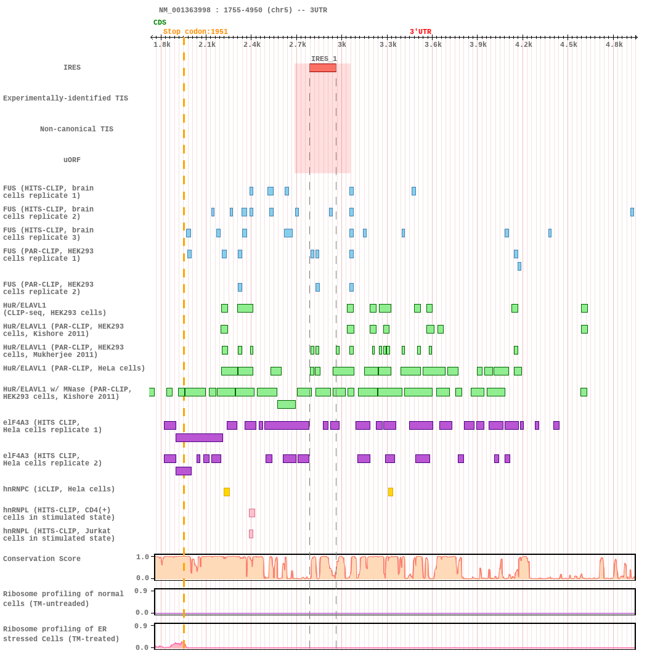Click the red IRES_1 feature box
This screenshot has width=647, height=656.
(323, 68)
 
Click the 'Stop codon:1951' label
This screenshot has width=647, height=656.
(195, 32)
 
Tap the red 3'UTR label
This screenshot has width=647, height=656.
(420, 32)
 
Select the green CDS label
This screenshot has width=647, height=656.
(160, 23)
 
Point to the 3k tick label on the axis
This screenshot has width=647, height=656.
(342, 44)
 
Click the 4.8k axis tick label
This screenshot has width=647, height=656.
(614, 44)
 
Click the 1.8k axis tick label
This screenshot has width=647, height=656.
(162, 44)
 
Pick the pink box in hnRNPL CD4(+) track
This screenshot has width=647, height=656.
(252, 513)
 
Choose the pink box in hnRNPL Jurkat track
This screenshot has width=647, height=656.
(251, 534)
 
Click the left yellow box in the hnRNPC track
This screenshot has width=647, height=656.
(227, 492)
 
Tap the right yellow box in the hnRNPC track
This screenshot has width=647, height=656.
(391, 492)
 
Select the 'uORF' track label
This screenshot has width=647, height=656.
(72, 160)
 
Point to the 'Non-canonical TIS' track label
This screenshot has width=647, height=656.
(76, 129)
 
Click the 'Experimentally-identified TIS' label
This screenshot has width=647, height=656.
(65, 99)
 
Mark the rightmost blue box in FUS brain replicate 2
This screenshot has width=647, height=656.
(632, 212)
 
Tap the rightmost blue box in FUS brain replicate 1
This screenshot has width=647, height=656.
(413, 191)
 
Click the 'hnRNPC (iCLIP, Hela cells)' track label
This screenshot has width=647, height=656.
(59, 490)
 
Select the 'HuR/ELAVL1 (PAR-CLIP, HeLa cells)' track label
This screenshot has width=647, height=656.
(74, 369)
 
